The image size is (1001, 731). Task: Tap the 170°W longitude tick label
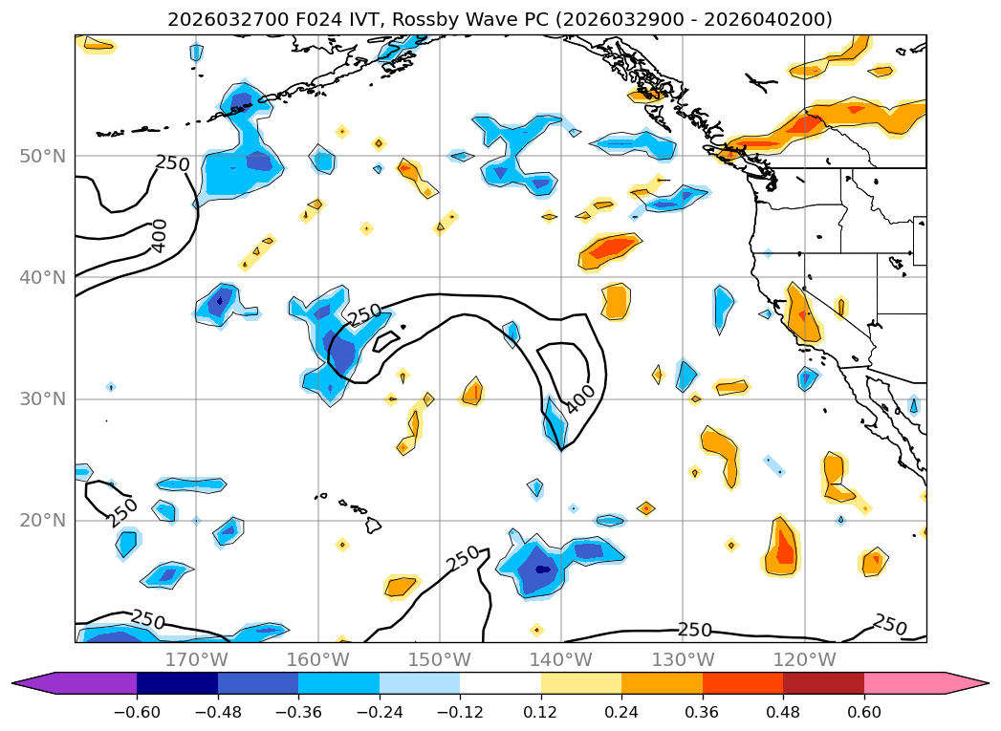coord(196,660)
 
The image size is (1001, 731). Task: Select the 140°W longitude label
coord(561,660)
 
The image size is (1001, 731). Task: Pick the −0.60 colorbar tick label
coord(137,712)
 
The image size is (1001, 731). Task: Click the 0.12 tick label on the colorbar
coord(541,712)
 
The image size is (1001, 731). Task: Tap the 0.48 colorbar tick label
coord(783,712)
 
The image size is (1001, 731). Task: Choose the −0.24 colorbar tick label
coord(380,712)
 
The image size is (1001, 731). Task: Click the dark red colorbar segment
coord(823,683)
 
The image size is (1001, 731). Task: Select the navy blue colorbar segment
coord(177,683)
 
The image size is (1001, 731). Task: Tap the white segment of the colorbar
coord(500,683)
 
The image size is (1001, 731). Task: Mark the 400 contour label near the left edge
coord(160,235)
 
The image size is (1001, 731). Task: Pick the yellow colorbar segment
coord(581,683)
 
